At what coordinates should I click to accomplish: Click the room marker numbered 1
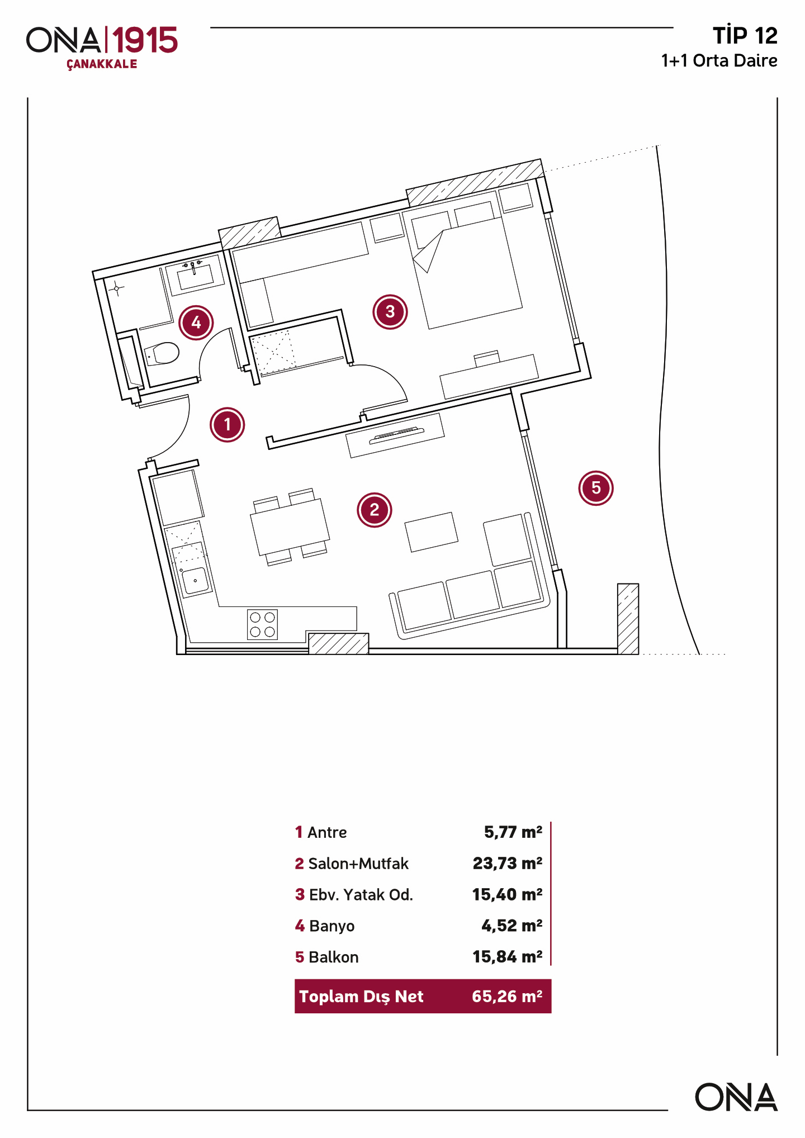click(228, 425)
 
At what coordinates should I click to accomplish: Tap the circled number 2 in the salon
click(375, 510)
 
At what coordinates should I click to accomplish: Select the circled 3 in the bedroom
click(390, 312)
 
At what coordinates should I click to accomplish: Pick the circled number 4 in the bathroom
click(196, 323)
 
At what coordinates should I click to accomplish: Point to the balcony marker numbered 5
click(596, 488)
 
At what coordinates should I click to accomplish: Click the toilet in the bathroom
click(163, 353)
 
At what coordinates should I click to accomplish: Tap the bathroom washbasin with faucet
click(195, 276)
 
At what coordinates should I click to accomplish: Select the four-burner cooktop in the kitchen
click(262, 624)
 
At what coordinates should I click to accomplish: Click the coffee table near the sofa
click(431, 532)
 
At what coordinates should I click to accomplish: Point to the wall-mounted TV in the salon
click(396, 435)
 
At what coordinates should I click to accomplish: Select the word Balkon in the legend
click(334, 957)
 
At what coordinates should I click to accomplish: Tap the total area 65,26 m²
click(507, 997)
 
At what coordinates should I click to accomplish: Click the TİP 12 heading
click(745, 36)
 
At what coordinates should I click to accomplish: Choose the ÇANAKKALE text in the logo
click(102, 64)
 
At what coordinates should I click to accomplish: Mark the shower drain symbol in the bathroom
click(116, 289)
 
